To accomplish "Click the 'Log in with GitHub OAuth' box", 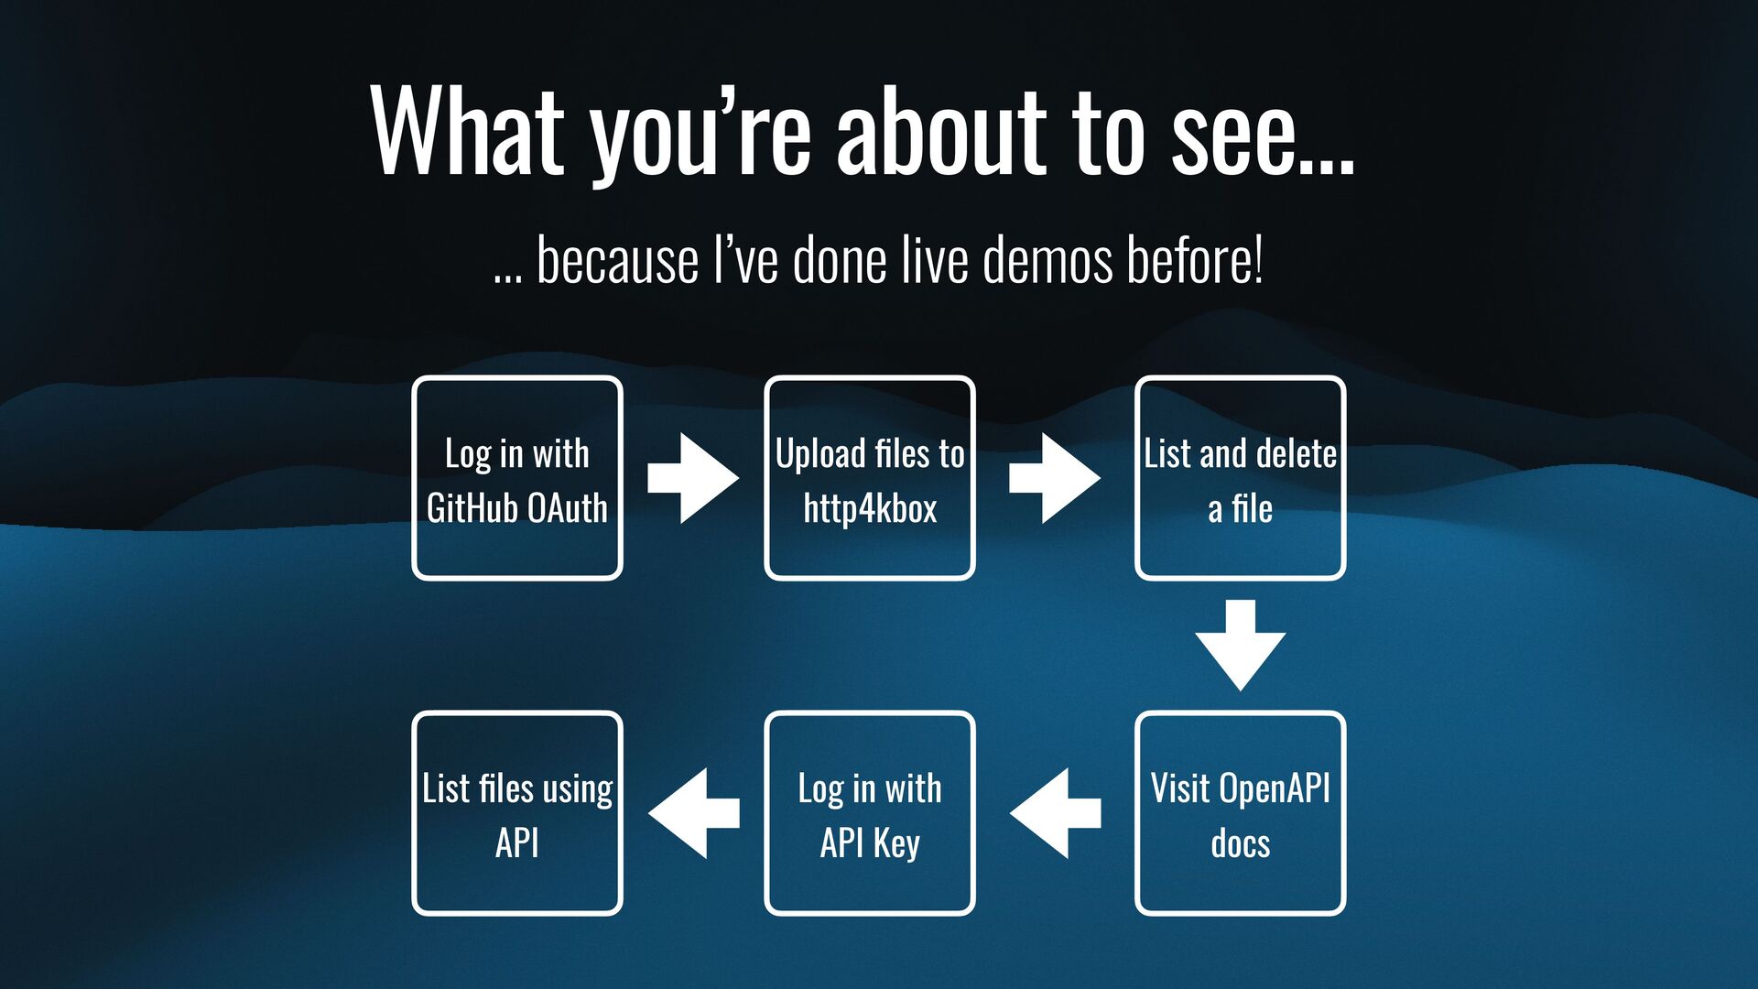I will [x=517, y=478].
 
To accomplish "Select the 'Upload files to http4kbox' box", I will [x=870, y=478].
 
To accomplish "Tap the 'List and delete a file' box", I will [x=1240, y=478].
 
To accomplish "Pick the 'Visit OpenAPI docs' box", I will [x=1240, y=813].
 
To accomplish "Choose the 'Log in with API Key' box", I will [x=870, y=813].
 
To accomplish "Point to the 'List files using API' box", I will [x=517, y=813].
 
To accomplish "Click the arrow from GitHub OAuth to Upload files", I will [x=693, y=478].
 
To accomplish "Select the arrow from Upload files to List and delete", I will [x=1055, y=478].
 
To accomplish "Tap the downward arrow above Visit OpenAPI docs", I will [x=1240, y=645].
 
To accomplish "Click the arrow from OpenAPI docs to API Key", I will [x=1055, y=813].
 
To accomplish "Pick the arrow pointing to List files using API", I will [x=693, y=813].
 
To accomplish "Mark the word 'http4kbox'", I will [x=870, y=508].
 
